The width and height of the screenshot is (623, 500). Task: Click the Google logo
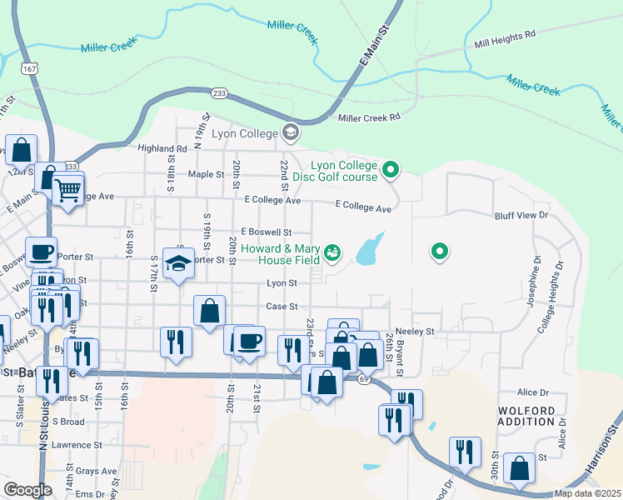point(27,490)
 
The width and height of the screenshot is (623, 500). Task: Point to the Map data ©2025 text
point(588,493)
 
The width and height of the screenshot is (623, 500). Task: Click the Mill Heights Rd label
point(504,39)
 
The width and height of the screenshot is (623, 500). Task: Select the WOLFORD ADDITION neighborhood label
point(531,418)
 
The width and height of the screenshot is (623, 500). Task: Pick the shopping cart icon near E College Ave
point(67,189)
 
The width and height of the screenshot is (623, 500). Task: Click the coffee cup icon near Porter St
point(42,252)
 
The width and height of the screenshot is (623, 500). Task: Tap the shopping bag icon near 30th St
point(520,469)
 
